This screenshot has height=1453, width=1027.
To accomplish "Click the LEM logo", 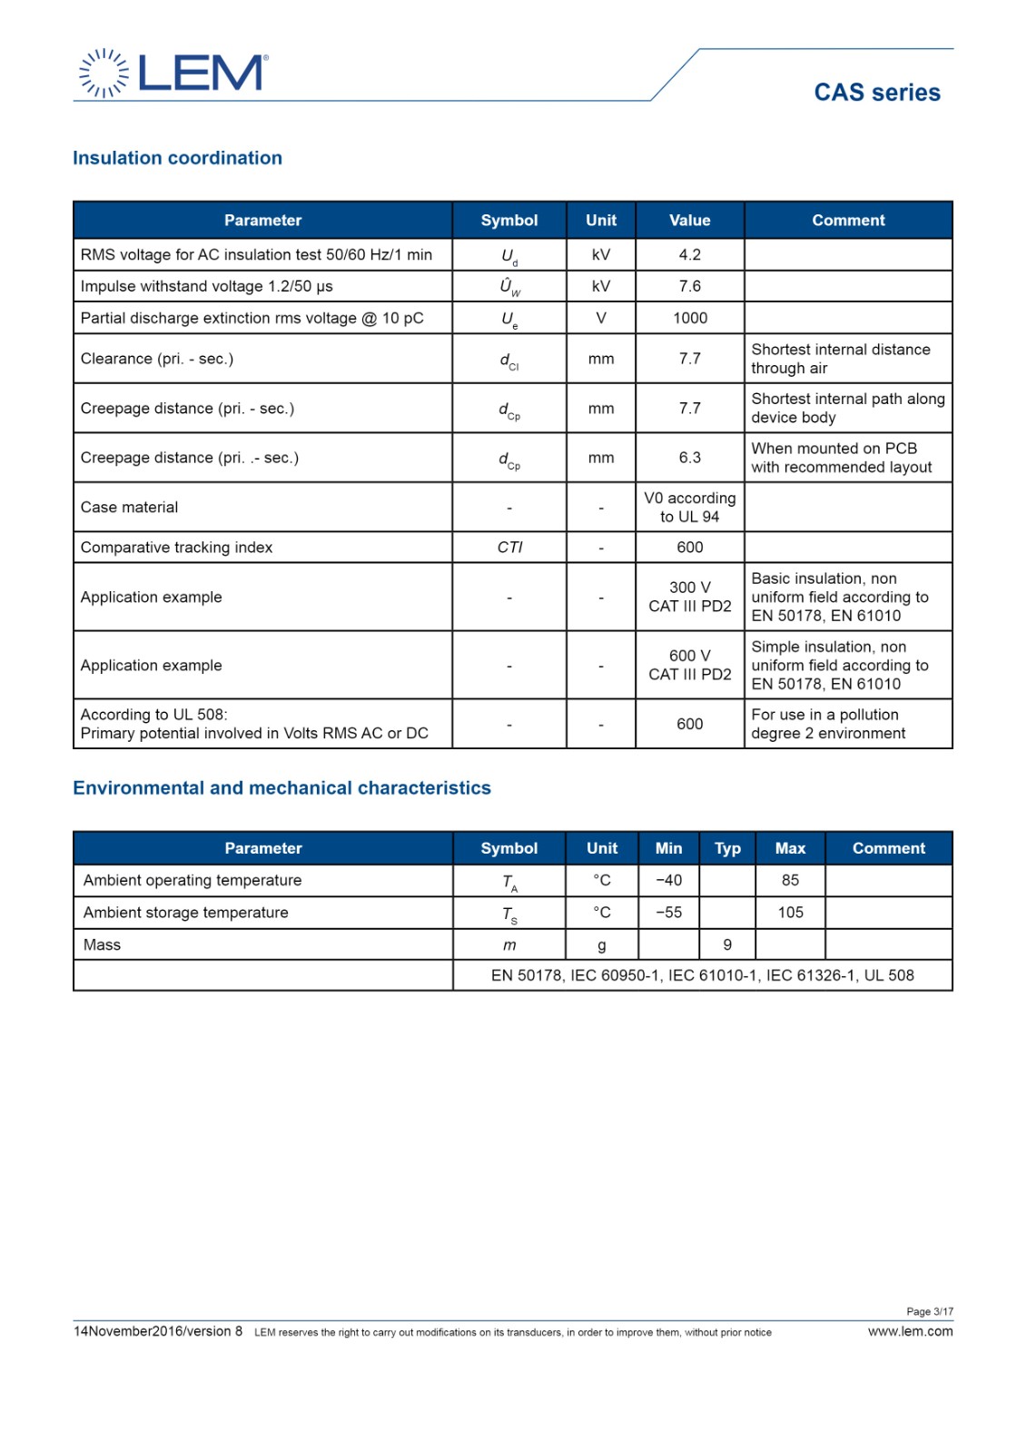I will pyautogui.click(x=173, y=73).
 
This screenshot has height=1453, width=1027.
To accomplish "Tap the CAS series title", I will pyautogui.click(x=876, y=93).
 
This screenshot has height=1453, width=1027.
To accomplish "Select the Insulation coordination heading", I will pyautogui.click(x=177, y=158).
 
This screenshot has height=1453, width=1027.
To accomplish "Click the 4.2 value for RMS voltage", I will pyautogui.click(x=689, y=255).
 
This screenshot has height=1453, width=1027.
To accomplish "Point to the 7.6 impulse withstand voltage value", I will pyautogui.click(x=689, y=286).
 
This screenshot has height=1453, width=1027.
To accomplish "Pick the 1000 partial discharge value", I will pyautogui.click(x=689, y=318).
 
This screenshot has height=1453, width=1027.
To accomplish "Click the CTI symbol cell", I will pyautogui.click(x=509, y=548).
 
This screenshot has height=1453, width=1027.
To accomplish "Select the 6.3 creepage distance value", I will pyautogui.click(x=689, y=458).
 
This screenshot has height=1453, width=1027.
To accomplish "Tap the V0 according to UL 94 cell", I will pyautogui.click(x=689, y=508).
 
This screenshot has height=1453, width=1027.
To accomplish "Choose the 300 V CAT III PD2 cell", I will pyautogui.click(x=689, y=597).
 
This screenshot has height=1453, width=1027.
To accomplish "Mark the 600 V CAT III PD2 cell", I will pyautogui.click(x=689, y=665).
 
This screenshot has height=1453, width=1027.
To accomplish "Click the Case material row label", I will pyautogui.click(x=129, y=508).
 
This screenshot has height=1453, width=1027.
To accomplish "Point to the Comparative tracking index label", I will pyautogui.click(x=176, y=548).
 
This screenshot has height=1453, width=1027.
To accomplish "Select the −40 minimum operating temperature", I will pyautogui.click(x=668, y=881).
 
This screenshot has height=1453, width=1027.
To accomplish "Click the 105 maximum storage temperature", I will pyautogui.click(x=790, y=913).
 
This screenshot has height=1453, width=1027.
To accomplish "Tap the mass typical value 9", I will pyautogui.click(x=727, y=945).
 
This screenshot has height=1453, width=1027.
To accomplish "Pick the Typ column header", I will pyautogui.click(x=727, y=848).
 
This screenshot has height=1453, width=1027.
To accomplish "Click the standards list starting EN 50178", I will pyautogui.click(x=702, y=975).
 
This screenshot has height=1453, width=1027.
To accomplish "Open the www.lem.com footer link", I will pyautogui.click(x=910, y=1332).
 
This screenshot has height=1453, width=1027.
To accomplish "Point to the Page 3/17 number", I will pyautogui.click(x=929, y=1311).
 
